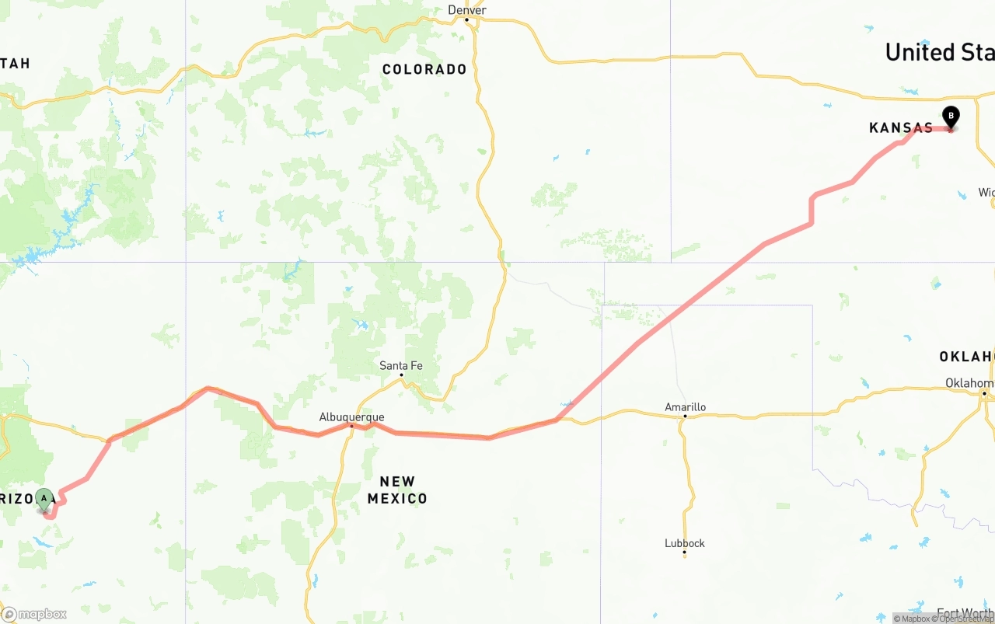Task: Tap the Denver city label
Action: [x=467, y=10]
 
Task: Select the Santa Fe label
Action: [x=401, y=365]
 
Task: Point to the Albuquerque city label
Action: [x=351, y=417]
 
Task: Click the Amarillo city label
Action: [x=685, y=407]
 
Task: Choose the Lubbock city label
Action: [x=684, y=543]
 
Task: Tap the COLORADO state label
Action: [x=424, y=70]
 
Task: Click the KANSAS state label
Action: [x=901, y=128]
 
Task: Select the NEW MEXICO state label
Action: [x=397, y=490]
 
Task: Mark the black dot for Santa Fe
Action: [x=402, y=375]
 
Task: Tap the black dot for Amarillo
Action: [x=685, y=417]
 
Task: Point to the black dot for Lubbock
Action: [x=684, y=553]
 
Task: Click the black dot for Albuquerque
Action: [x=351, y=426]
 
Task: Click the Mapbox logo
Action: [x=34, y=614]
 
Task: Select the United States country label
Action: [x=939, y=52]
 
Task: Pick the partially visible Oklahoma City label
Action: [x=969, y=383]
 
